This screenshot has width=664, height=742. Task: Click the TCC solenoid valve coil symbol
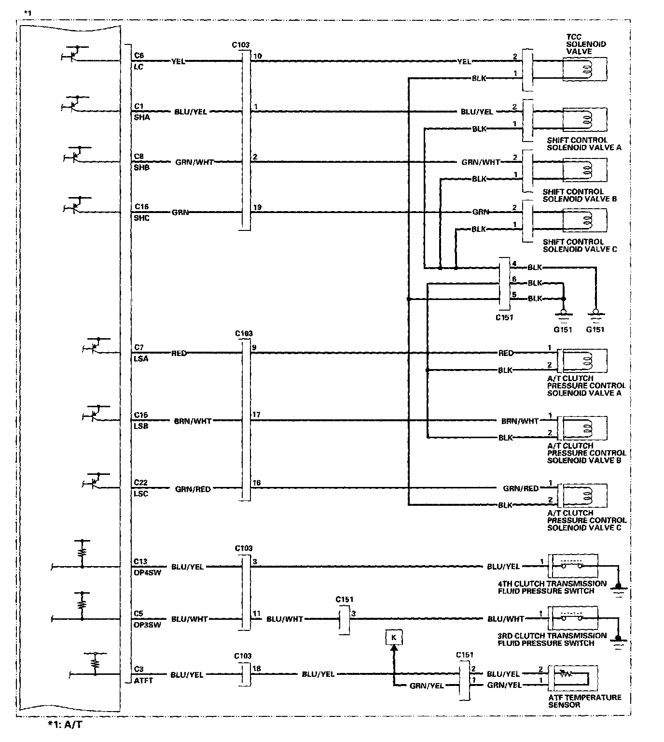pos(585,69)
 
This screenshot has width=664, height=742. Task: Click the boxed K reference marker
pos(393,638)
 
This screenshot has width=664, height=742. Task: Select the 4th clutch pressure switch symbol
pos(572,565)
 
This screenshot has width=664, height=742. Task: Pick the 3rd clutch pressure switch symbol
pos(572,618)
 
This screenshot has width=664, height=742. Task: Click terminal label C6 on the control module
pos(139,56)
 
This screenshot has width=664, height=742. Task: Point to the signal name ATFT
pos(143,681)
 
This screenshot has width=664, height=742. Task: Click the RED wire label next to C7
pos(179,353)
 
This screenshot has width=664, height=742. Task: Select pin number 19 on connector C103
pos(257,207)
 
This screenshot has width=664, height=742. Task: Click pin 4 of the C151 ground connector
pos(514,264)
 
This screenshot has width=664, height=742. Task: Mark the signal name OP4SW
pos(147,573)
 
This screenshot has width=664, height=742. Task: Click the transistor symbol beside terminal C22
pos(94,481)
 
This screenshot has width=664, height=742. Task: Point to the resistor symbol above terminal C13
pos(82,551)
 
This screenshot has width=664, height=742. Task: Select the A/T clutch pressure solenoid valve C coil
pos(582,495)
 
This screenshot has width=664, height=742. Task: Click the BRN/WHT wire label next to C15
pos(193,421)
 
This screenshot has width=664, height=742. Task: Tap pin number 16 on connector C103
pos(256,483)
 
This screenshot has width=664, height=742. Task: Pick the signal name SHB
pos(142,168)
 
